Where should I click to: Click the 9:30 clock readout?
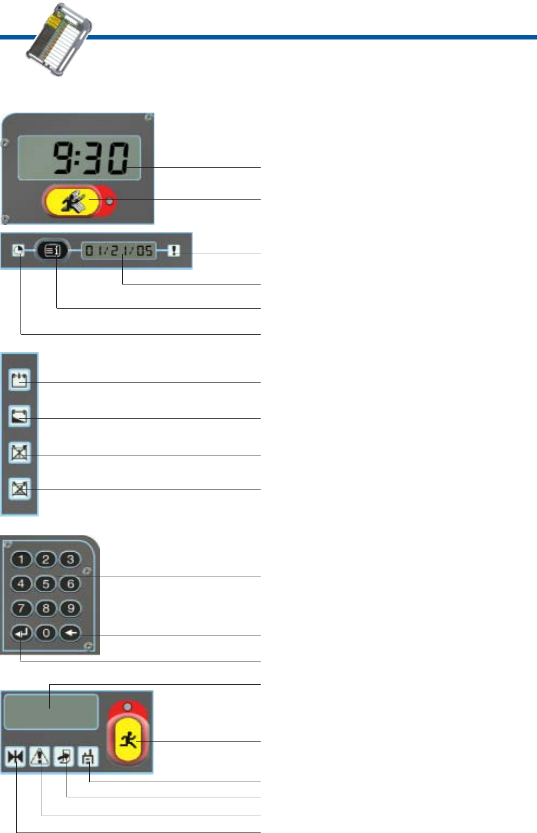(x=90, y=158)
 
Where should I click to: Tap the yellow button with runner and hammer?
(x=74, y=201)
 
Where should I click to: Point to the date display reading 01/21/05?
(x=118, y=250)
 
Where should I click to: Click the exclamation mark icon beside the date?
(x=174, y=250)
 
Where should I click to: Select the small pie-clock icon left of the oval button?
(x=18, y=250)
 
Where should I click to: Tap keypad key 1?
(x=21, y=559)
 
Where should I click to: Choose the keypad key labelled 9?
(x=70, y=608)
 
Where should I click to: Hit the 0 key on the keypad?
(x=46, y=632)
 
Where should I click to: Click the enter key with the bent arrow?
(x=21, y=632)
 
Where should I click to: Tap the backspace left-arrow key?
(x=70, y=632)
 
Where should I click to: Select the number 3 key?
(x=70, y=559)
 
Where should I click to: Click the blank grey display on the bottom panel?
(x=51, y=711)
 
